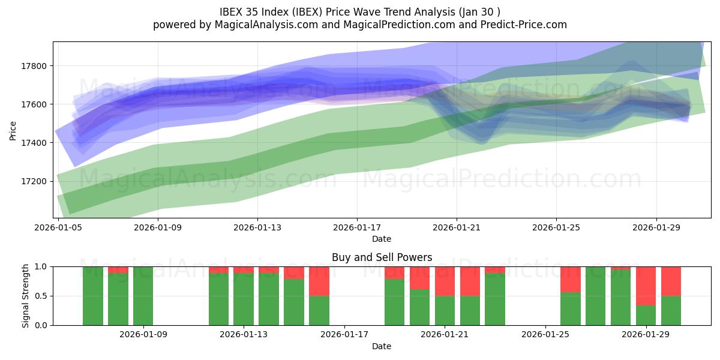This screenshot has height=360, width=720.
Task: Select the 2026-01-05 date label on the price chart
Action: point(58,227)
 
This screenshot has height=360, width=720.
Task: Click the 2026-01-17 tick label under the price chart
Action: point(357,227)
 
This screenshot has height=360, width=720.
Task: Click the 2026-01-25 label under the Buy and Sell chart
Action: point(545,335)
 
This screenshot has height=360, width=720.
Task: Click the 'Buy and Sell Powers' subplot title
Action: point(382,257)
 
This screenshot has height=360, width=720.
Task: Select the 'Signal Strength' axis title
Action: point(25,296)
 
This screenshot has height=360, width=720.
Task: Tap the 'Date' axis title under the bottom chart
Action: point(382,346)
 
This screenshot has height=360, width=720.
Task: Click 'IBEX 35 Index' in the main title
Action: point(251,11)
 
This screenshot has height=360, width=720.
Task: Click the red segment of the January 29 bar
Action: point(646,286)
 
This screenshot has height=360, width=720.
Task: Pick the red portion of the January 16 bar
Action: point(319,281)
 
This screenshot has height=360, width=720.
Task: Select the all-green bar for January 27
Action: point(596,296)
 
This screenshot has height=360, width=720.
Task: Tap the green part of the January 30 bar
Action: point(671,310)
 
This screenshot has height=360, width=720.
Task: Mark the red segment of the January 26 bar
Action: point(571,279)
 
